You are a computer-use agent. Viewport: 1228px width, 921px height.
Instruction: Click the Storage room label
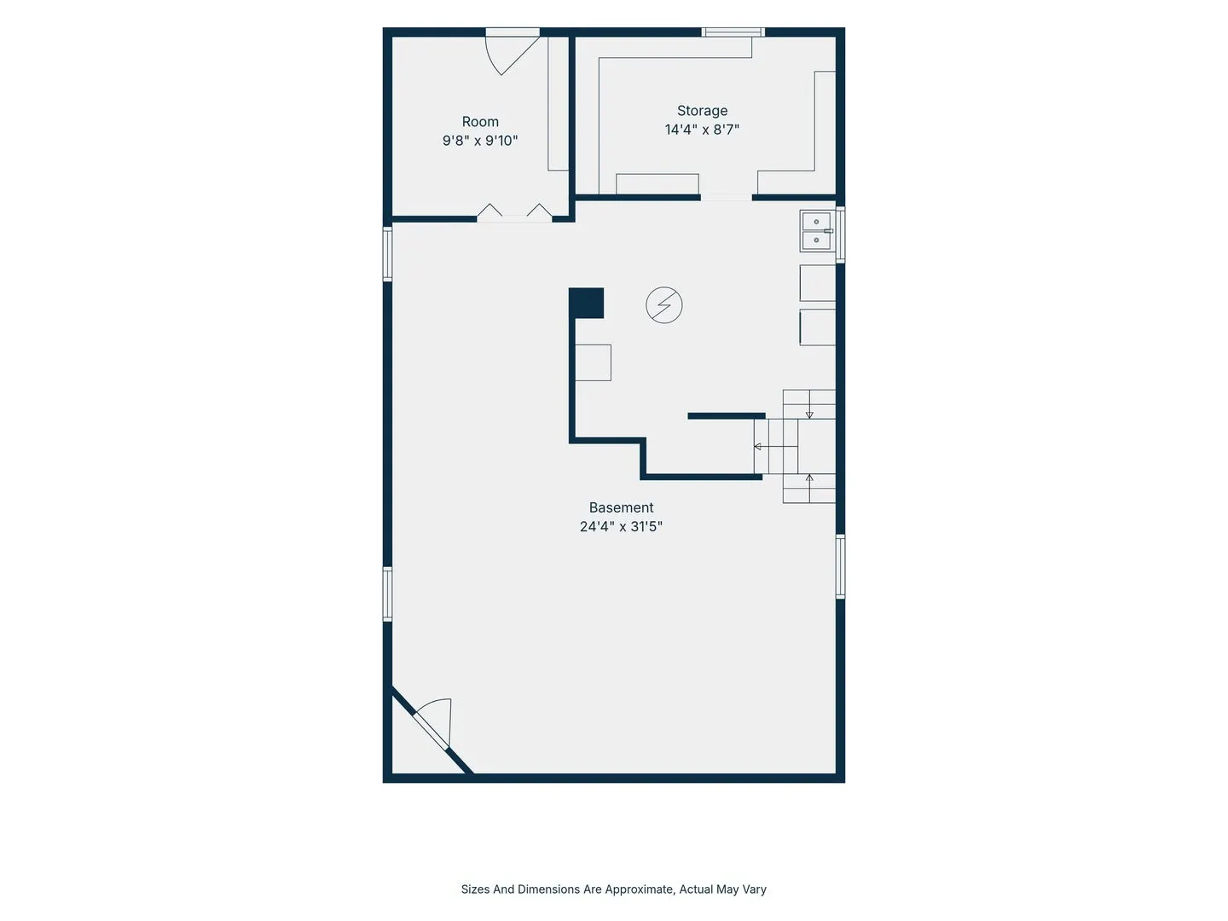702,111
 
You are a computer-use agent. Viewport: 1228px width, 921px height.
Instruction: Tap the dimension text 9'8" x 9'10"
480,141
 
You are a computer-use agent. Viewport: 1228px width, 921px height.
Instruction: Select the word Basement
621,507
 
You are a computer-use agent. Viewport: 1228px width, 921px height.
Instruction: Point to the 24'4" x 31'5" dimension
621,527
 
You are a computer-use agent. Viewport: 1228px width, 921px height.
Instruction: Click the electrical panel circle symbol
664,305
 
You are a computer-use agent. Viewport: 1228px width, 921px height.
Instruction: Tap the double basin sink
817,231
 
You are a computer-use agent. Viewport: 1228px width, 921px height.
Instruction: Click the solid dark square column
587,303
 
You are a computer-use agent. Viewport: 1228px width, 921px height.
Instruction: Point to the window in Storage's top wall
733,32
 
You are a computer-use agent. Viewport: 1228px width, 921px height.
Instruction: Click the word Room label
480,122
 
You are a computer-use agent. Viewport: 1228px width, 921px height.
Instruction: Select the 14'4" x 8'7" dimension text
702,130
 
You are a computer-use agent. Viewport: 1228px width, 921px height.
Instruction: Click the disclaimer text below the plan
613,889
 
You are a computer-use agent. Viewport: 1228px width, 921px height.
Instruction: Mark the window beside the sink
840,235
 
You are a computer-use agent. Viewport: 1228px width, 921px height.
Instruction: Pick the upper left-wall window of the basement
387,254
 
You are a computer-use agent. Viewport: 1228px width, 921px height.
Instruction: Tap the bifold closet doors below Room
514,212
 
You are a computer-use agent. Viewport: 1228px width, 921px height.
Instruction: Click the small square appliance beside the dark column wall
593,363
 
